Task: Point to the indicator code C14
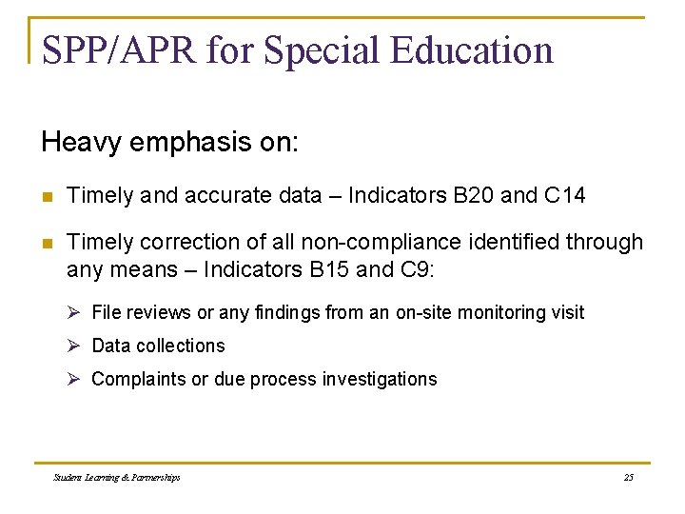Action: click(565, 196)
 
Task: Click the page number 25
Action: click(628, 477)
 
